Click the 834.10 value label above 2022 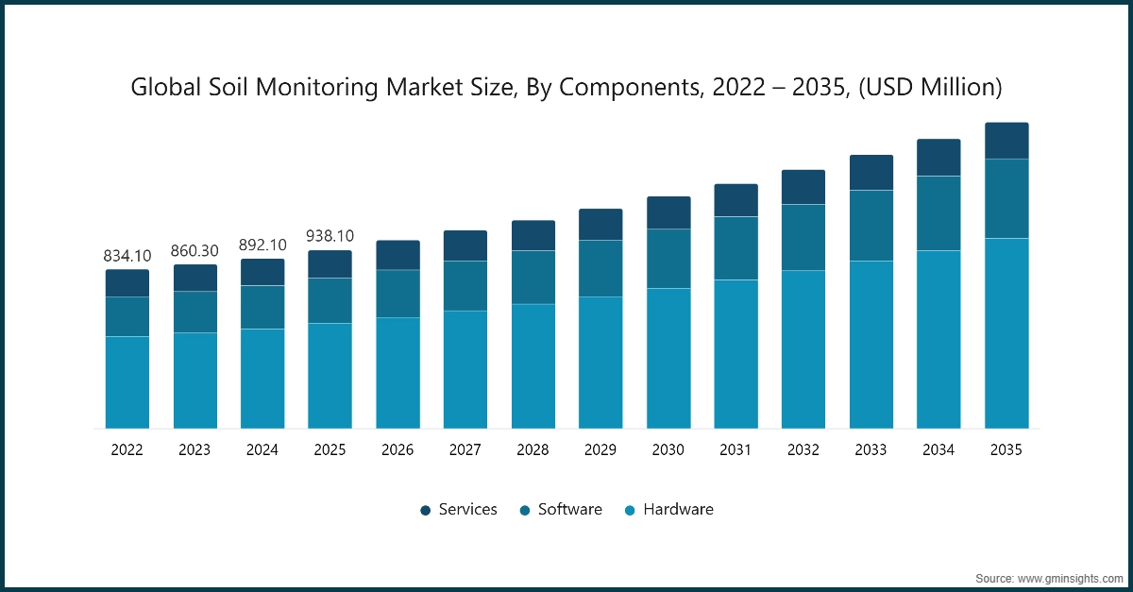(127, 256)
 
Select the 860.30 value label (194, 251)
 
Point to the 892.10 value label (262, 245)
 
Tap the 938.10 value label (330, 236)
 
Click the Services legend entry (459, 510)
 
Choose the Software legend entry (561, 510)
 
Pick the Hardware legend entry (668, 510)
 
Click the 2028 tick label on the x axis (533, 450)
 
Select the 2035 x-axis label (1006, 450)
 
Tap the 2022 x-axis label (127, 450)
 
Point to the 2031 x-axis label (736, 450)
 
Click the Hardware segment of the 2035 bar (1006, 333)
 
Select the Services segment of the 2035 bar (1006, 141)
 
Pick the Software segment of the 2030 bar (668, 259)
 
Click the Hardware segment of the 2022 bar (127, 382)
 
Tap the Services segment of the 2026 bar (397, 255)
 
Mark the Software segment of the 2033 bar (871, 226)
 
